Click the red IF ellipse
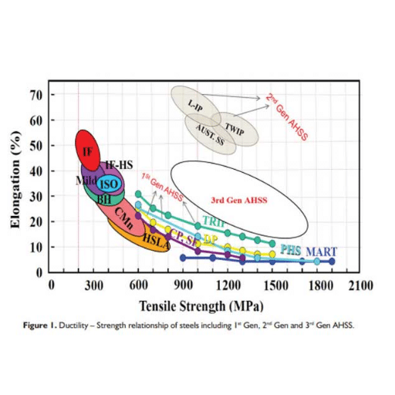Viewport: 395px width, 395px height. pyautogui.click(x=89, y=149)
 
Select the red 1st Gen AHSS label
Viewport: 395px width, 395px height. pyautogui.click(x=162, y=183)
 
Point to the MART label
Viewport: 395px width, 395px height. pyautogui.click(x=321, y=252)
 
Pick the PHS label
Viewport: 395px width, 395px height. pyautogui.click(x=290, y=250)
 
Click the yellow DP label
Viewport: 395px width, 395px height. pyautogui.click(x=209, y=238)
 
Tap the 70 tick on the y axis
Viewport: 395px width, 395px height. pyautogui.click(x=36, y=95)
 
